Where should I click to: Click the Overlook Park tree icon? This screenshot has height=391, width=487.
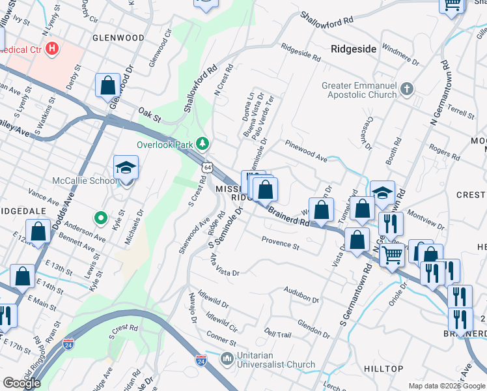point(203,143)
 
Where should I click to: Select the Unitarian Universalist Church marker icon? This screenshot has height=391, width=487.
point(227,358)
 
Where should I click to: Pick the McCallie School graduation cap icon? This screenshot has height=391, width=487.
point(126,169)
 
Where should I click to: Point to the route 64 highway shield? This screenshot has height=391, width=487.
point(207,167)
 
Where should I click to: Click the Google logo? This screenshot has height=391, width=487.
point(22,383)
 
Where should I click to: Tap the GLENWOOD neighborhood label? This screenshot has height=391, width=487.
point(118,38)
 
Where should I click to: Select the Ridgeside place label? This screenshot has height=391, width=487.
point(354,48)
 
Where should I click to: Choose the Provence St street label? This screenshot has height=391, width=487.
point(280,243)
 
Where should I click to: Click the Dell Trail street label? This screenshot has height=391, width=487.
point(278,334)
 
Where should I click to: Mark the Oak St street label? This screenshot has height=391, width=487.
point(149,115)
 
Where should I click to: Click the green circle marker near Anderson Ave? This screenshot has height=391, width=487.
point(100,218)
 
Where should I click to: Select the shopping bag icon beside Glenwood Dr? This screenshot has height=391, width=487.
point(107,85)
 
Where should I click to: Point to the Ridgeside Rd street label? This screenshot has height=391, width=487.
point(300,53)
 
